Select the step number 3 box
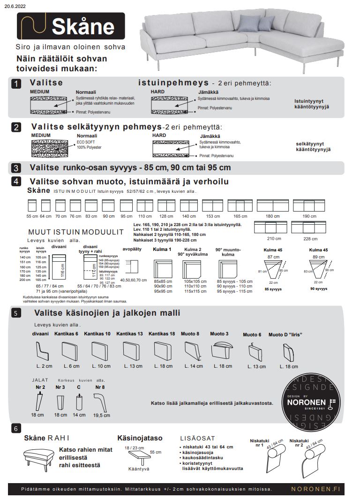(16, 168)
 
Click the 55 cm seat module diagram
(32, 205)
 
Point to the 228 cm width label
(310, 238)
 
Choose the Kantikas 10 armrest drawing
(100, 350)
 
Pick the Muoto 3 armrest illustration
(222, 350)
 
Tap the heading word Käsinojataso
(140, 438)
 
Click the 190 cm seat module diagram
(309, 205)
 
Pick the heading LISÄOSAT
(197, 438)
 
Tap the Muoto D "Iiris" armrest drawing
(287, 352)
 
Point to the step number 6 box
(16, 428)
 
